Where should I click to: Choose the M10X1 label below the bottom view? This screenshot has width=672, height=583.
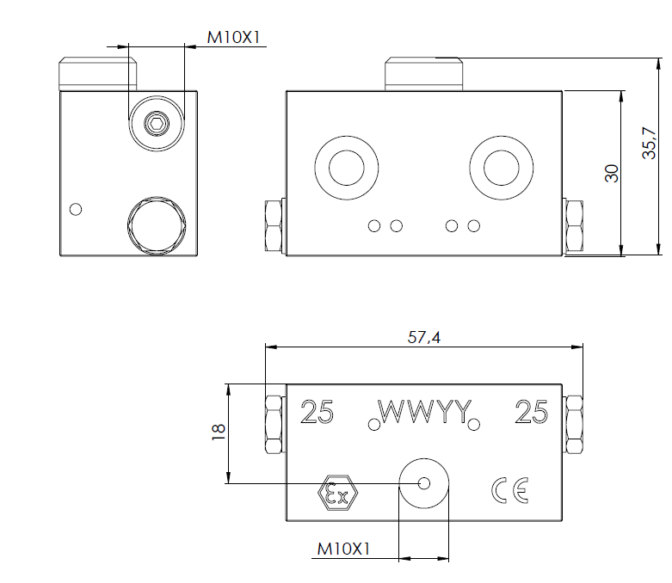(343, 547)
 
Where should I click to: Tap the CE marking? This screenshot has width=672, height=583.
(509, 490)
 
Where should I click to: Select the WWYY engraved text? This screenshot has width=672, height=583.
(423, 414)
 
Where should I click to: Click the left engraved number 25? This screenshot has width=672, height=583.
(317, 414)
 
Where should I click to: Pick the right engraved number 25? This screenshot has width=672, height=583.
(531, 414)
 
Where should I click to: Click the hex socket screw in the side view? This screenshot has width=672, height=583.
(156, 125)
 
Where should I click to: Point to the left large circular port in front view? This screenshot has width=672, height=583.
(346, 165)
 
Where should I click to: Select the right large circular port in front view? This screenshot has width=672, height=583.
(500, 165)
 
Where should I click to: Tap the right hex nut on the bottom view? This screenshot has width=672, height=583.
(574, 424)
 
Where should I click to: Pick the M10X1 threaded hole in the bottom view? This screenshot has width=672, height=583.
(423, 482)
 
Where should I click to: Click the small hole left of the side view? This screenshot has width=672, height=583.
(76, 209)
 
